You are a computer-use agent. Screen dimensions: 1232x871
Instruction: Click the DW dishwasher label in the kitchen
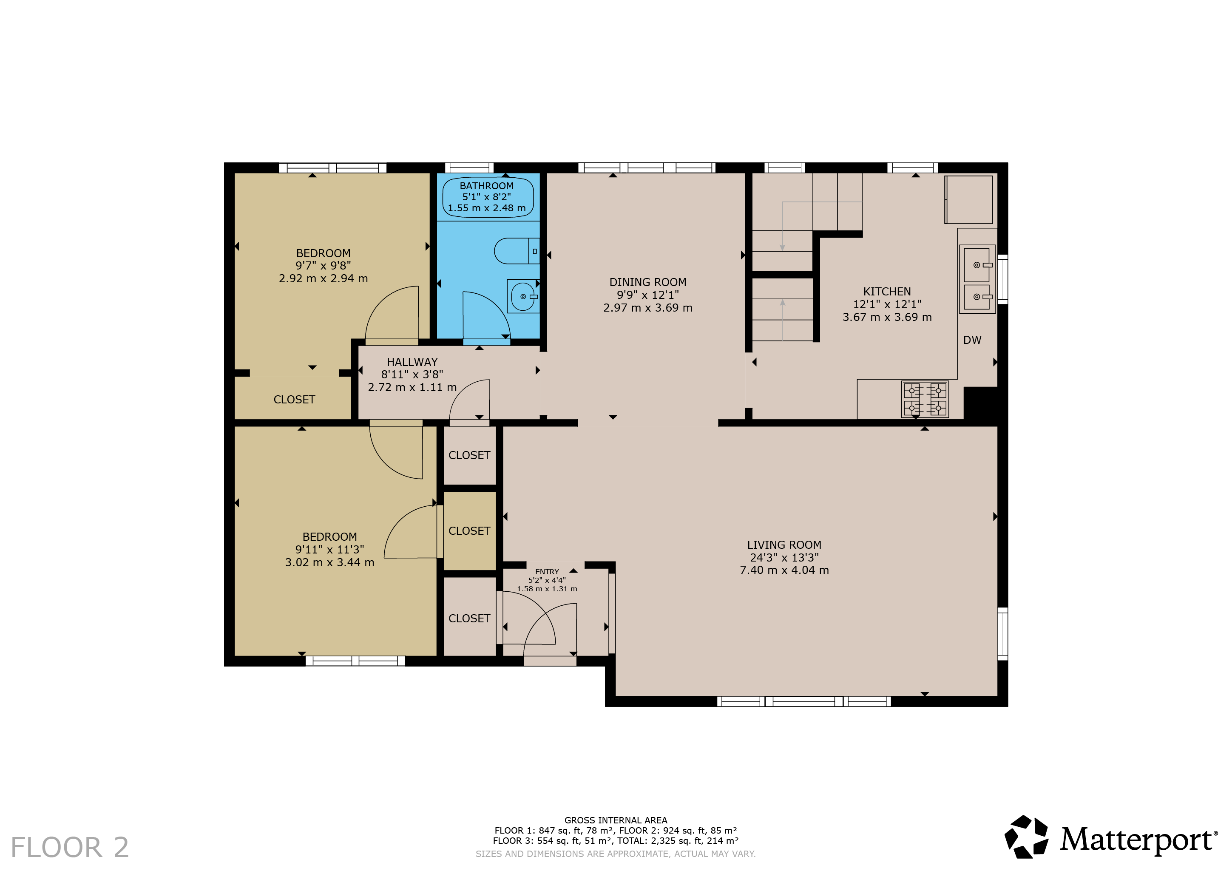pos(972,340)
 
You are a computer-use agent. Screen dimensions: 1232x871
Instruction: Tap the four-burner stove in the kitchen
pos(925,399)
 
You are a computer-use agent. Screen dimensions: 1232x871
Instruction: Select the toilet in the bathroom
pos(517,251)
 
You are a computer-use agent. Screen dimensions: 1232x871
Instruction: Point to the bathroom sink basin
pos(522,296)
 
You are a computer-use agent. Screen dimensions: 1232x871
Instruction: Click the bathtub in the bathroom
pos(488,197)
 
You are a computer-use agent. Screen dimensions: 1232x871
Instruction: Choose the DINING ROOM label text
pos(647,282)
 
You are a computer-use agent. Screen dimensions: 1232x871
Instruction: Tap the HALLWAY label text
pos(412,362)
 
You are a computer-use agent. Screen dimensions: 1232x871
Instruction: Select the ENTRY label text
pos(547,572)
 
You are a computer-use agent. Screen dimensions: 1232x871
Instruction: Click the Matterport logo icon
pos(1026,837)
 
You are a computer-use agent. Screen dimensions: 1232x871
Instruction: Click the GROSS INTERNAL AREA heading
pos(616,820)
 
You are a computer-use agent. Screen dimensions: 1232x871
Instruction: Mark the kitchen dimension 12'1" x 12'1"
pos(887,304)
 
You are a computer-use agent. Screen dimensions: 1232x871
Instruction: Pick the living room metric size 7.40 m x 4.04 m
pos(784,570)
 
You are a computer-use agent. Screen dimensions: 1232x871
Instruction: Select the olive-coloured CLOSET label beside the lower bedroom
pos(469,531)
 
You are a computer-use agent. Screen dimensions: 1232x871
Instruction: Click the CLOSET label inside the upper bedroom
pos(294,400)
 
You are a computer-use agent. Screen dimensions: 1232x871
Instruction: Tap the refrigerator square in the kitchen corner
pos(968,200)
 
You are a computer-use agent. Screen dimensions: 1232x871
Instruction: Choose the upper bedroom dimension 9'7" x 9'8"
pos(323,266)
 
